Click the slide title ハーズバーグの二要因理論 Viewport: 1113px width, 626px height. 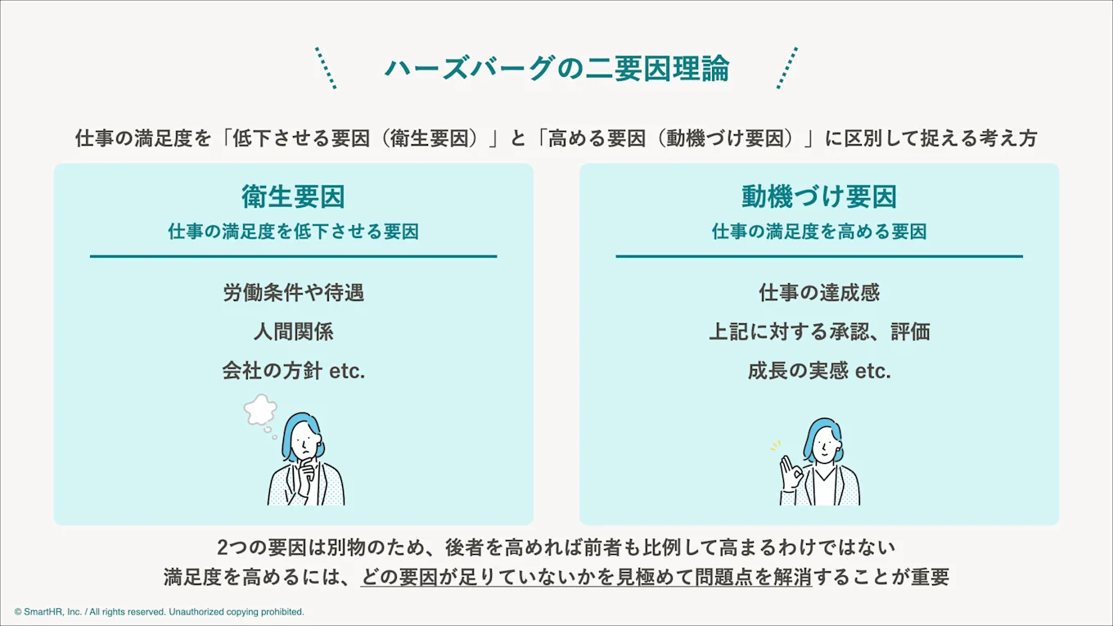tap(556, 69)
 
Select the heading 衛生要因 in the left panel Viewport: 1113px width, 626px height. tap(293, 196)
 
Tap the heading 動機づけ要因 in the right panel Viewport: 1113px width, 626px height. tap(819, 196)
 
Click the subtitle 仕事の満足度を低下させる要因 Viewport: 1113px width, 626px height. tap(293, 232)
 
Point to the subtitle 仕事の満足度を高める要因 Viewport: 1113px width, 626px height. tap(819, 232)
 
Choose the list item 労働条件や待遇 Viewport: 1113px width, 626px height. tap(293, 292)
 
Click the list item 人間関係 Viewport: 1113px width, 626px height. tap(293, 331)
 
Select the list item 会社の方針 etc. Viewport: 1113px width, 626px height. tap(293, 371)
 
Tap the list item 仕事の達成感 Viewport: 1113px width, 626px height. tap(819, 292)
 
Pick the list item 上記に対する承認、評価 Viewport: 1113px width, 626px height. tap(819, 331)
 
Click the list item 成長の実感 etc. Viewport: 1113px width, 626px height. tap(819, 371)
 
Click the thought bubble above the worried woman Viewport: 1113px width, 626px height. tap(260, 410)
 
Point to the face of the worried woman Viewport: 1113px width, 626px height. tap(304, 443)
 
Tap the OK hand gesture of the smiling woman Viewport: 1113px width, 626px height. tap(789, 471)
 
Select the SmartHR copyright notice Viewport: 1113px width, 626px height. tap(159, 612)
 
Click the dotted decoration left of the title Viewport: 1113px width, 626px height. tap(326, 68)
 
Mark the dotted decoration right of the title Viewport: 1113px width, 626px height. tap(786, 68)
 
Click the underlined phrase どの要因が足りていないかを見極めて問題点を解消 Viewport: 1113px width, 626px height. tap(586, 577)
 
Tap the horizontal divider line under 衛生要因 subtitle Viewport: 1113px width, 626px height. tap(293, 257)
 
